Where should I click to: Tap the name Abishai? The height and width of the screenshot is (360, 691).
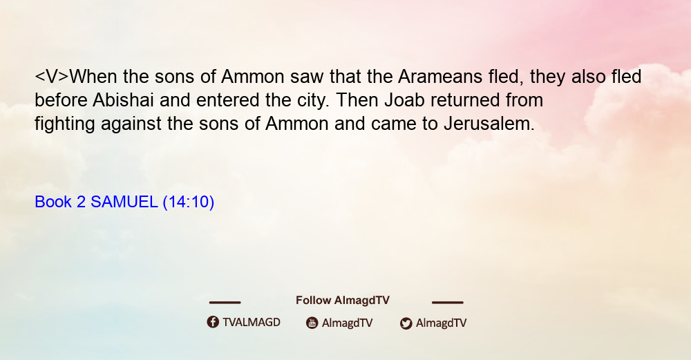[123, 100]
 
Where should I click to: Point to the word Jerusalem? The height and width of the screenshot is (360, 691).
[489, 124]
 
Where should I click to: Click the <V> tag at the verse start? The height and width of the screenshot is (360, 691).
[52, 77]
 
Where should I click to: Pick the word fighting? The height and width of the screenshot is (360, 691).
[65, 124]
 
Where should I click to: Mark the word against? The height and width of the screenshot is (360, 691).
[131, 124]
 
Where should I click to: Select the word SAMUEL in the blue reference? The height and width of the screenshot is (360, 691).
[124, 202]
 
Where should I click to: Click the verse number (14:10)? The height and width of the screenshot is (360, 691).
[188, 202]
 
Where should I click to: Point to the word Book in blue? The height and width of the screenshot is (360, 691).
[53, 202]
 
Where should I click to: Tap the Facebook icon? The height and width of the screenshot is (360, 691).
[213, 322]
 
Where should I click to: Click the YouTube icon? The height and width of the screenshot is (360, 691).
[312, 323]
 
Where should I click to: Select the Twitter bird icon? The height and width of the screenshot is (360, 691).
[406, 323]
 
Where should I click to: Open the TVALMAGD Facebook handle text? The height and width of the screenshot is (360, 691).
[252, 323]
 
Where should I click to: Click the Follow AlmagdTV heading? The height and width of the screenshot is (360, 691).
[343, 301]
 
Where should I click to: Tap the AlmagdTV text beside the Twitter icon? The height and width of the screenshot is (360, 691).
[441, 323]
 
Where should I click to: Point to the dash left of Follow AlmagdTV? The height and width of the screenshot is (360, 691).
[225, 303]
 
